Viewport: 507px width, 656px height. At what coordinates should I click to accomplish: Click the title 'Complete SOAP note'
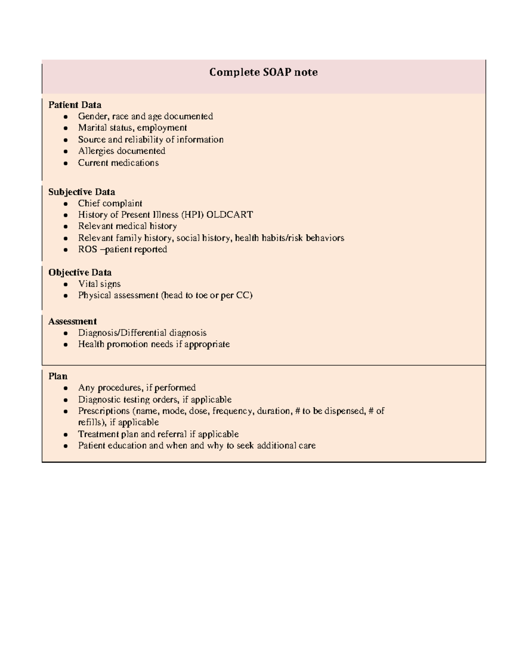coord(263,72)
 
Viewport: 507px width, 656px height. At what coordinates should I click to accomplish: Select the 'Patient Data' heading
coord(75,105)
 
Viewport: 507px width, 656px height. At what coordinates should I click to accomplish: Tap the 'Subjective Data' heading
coord(82,192)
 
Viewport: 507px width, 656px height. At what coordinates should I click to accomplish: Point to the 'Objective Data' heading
coord(80,272)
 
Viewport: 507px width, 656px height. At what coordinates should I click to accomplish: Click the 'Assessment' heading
coord(72,321)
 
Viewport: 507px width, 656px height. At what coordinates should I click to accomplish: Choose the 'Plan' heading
coord(58,376)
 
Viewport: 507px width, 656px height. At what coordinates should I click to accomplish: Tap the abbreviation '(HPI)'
coord(192,215)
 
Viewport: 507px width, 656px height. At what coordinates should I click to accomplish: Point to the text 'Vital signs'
coord(99,284)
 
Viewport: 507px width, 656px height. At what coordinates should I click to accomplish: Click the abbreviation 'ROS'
coord(87,249)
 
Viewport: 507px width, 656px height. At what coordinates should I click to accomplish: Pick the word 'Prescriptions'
coord(104,411)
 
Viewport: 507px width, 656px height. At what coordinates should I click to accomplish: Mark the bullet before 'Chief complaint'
coord(65,204)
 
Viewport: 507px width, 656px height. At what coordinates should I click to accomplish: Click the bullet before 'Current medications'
coord(65,163)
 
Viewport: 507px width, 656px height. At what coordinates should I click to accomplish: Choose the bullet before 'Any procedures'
coord(65,388)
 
